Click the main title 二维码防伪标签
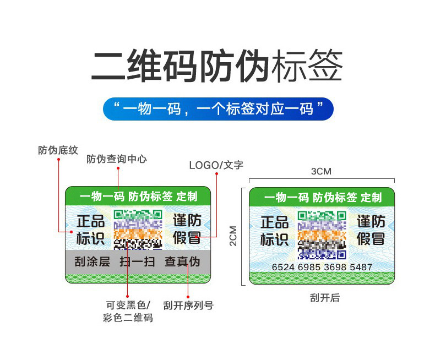pyautogui.click(x=217, y=67)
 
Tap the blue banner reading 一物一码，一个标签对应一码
pyautogui.click(x=218, y=108)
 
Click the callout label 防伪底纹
pyautogui.click(x=58, y=150)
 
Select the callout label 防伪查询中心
pyautogui.click(x=117, y=160)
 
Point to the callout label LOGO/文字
pyautogui.click(x=216, y=165)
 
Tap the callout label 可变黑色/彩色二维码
pyautogui.click(x=127, y=312)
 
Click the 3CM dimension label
pyautogui.click(x=321, y=171)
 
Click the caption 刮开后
pyautogui.click(x=324, y=298)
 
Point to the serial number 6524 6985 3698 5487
pyautogui.click(x=322, y=267)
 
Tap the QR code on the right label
pyautogui.click(x=322, y=234)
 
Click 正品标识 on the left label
pyautogui.click(x=90, y=230)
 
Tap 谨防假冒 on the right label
pyautogui.click(x=371, y=230)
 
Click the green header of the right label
pyautogui.click(x=322, y=197)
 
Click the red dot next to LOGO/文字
pyautogui.click(x=216, y=174)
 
